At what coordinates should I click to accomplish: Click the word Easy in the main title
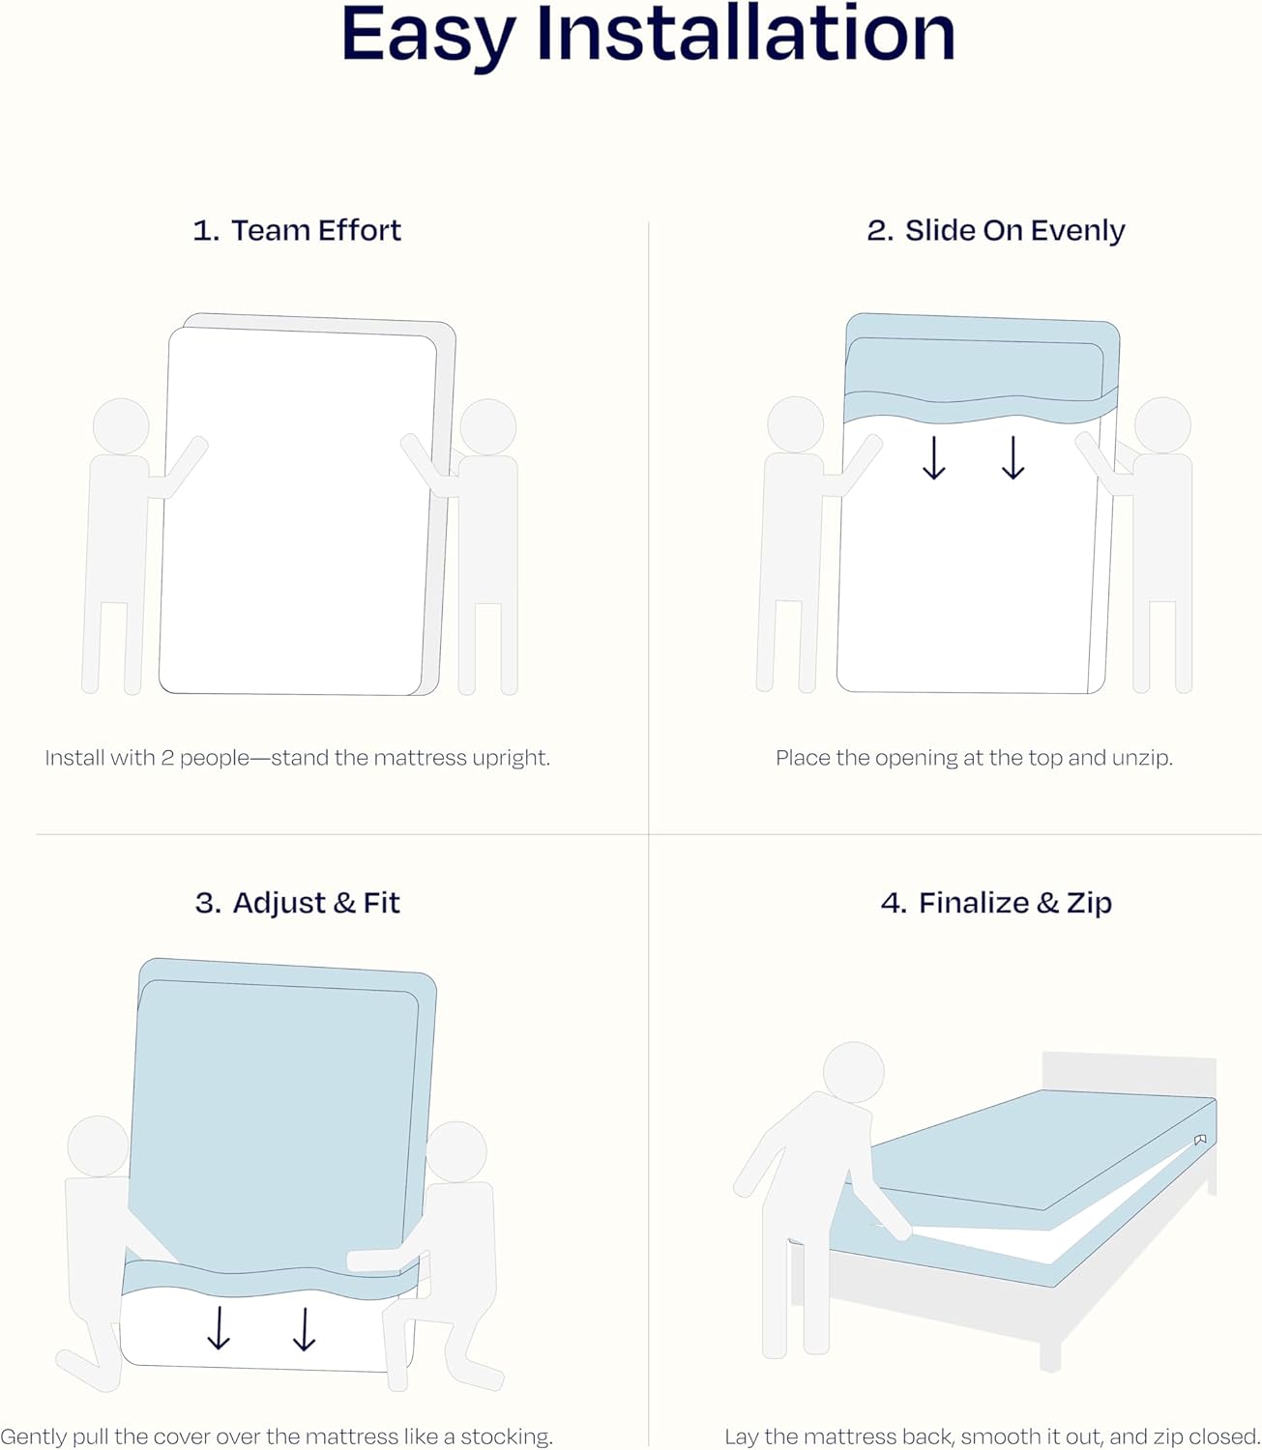(428, 39)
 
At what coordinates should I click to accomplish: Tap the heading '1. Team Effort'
(296, 230)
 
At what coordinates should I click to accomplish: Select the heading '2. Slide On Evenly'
(995, 230)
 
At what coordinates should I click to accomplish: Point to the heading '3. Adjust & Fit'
(297, 903)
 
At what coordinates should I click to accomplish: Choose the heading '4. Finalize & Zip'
(996, 903)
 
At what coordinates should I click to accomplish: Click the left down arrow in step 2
(934, 458)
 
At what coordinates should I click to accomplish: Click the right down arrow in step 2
(1013, 458)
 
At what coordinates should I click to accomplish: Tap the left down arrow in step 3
(219, 1329)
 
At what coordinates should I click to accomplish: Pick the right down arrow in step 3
(305, 1329)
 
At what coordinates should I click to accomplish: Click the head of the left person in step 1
(121, 426)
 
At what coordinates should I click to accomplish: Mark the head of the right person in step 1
(487, 426)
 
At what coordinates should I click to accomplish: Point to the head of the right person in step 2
(1162, 425)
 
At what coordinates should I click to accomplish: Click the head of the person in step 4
(854, 1072)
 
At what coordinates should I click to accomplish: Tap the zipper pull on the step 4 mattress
(1200, 1140)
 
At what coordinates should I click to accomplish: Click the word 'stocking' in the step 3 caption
(506, 1436)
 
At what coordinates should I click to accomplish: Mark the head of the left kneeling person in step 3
(98, 1146)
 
